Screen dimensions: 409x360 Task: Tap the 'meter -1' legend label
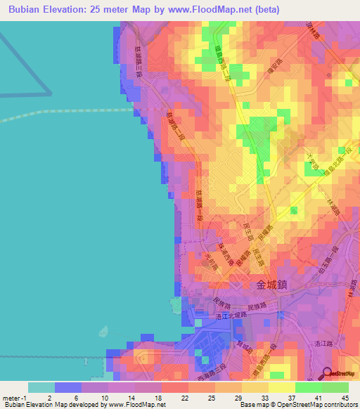[15, 398]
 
